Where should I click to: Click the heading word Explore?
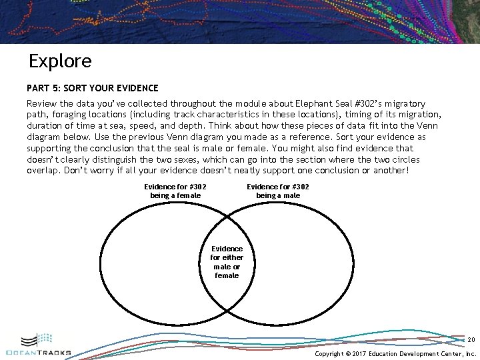pos(60,61)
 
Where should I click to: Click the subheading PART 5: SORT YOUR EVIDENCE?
pos(93,88)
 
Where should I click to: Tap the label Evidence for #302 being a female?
pos(175,191)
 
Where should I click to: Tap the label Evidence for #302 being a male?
pos(278,191)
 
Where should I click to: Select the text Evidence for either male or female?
pos(227,261)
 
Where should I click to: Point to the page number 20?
pos(471,339)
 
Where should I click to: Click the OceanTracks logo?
pos(38,345)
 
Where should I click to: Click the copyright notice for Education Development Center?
pos(395,354)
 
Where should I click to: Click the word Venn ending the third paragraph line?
pos(426,126)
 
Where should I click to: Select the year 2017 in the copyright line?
pos(362,354)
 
